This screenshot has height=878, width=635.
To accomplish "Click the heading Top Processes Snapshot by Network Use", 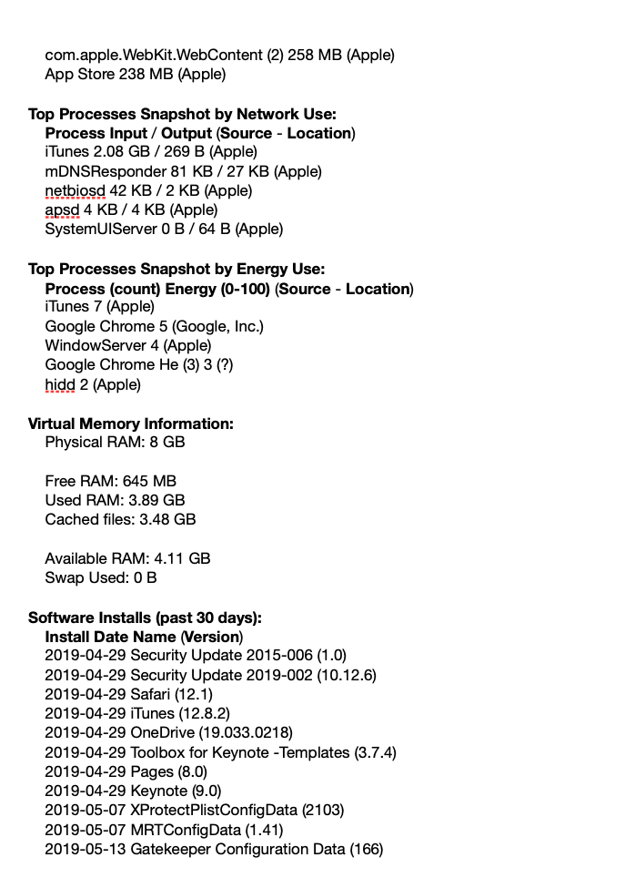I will pos(182,114).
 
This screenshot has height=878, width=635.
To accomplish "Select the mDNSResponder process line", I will pos(183,171).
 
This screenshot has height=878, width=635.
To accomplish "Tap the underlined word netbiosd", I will pos(76,190).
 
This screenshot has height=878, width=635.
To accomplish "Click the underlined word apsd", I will pos(63,209).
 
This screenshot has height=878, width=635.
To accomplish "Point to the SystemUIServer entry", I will pos(164,229).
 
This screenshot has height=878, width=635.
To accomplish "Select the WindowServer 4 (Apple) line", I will pos(127,345).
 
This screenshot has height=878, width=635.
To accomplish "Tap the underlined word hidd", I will pos(60,384).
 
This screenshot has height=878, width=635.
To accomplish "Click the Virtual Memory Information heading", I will pos(130,424).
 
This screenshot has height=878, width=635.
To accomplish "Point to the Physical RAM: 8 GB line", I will pos(115,442).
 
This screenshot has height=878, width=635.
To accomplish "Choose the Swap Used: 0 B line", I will pos(100,577).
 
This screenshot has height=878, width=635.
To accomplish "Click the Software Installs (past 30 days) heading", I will pos(145,617).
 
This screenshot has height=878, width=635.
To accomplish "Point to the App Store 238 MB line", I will pos(135,74).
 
